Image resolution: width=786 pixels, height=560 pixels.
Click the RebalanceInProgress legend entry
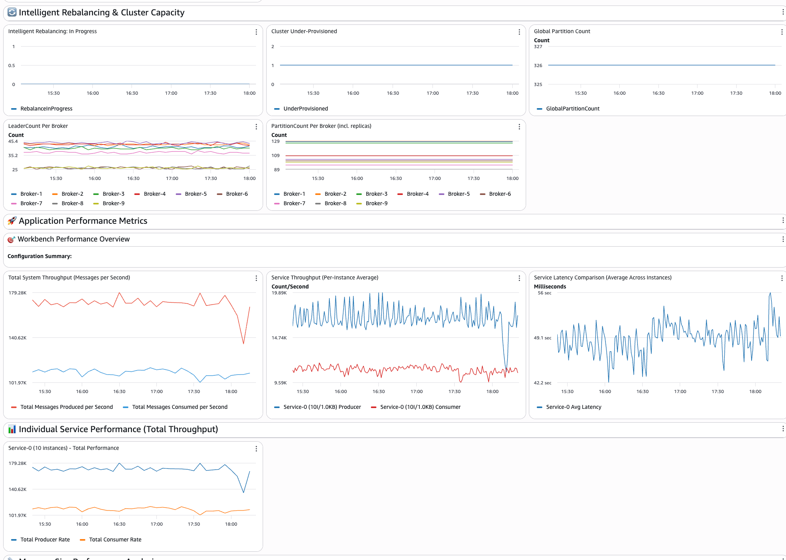click(46, 109)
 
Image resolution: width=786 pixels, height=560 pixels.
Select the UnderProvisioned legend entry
click(305, 109)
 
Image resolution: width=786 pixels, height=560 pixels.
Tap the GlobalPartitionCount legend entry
click(572, 109)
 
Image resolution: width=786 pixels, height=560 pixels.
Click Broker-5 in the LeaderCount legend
click(196, 194)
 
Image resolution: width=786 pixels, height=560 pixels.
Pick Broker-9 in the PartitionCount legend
click(376, 203)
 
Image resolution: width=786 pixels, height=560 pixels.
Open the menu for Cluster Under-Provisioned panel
click(519, 32)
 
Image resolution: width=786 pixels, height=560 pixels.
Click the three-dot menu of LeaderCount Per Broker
click(256, 127)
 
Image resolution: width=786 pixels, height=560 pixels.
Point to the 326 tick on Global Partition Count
click(538, 66)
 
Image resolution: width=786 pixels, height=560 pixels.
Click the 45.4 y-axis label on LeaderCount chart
click(13, 141)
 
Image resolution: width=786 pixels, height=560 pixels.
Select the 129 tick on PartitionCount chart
click(275, 141)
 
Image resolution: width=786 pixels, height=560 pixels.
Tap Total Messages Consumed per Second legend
click(179, 407)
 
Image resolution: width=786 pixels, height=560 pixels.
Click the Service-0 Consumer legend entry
click(420, 407)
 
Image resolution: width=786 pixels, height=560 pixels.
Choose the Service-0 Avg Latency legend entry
click(573, 407)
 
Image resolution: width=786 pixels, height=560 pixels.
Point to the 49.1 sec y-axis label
click(542, 338)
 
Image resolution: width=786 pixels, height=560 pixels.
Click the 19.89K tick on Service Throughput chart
click(279, 293)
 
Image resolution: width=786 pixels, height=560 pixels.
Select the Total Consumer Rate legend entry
click(115, 539)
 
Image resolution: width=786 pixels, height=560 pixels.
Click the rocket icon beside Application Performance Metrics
click(12, 221)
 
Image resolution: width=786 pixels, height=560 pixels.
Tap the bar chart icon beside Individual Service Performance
click(12, 429)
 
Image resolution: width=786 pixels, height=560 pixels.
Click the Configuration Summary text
click(39, 256)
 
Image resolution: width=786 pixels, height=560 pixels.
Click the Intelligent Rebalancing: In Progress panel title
click(52, 31)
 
